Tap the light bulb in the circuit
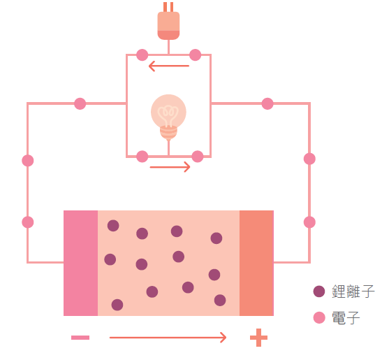[x=168, y=117]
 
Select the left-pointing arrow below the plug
[x=169, y=66]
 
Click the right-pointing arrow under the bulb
[x=170, y=167]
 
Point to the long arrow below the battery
[x=168, y=338]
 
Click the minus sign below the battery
[x=80, y=338]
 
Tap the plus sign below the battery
[x=258, y=338]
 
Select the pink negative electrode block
[x=80, y=263]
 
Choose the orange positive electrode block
[x=256, y=263]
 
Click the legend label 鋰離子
[x=353, y=291]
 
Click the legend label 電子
[x=346, y=317]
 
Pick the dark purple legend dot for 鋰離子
[x=319, y=291]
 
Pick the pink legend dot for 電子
[x=319, y=317]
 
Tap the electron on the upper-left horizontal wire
[x=80, y=103]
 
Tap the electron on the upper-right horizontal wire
[x=267, y=103]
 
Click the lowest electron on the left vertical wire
[x=28, y=222]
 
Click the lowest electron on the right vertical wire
[x=309, y=222]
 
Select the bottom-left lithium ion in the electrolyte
[x=117, y=305]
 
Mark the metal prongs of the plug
[x=168, y=7]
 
